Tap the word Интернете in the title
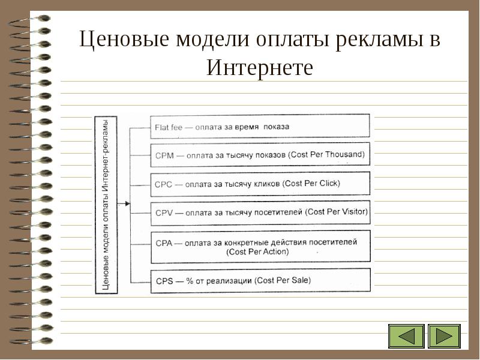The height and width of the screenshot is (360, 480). coord(260,67)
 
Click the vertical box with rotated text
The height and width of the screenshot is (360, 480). coord(106,205)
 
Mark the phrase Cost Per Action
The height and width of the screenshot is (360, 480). coord(258,252)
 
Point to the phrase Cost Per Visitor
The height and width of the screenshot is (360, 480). coord(337,212)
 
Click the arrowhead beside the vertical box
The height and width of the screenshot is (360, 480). coord(127,205)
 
